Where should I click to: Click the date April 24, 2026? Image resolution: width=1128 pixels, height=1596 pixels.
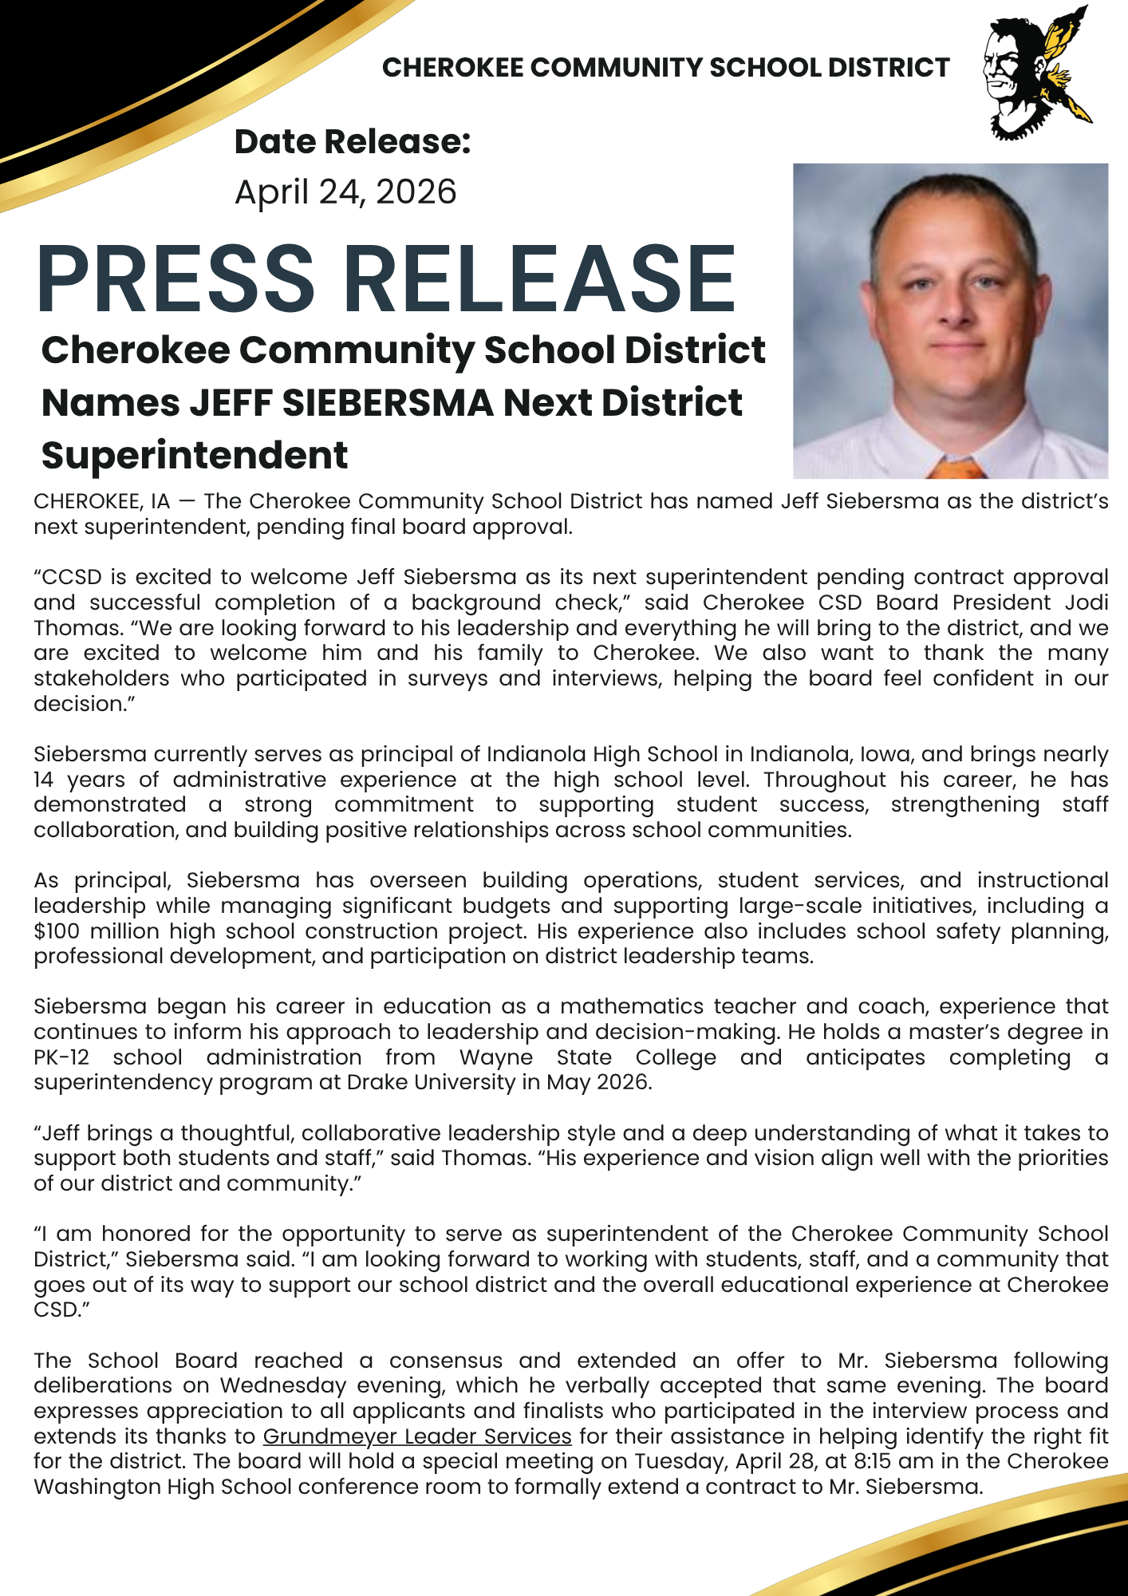(x=345, y=192)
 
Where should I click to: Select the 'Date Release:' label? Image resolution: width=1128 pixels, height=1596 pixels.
(x=352, y=142)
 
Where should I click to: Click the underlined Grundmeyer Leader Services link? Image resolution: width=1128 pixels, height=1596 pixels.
(x=417, y=1436)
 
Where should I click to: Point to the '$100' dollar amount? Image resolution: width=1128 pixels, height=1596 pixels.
(x=57, y=931)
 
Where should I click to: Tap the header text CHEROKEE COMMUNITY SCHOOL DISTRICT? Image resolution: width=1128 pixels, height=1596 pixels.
(x=665, y=68)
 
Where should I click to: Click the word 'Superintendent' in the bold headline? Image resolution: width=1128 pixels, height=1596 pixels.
(x=195, y=456)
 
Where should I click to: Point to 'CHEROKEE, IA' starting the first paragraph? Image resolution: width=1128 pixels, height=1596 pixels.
(x=101, y=501)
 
